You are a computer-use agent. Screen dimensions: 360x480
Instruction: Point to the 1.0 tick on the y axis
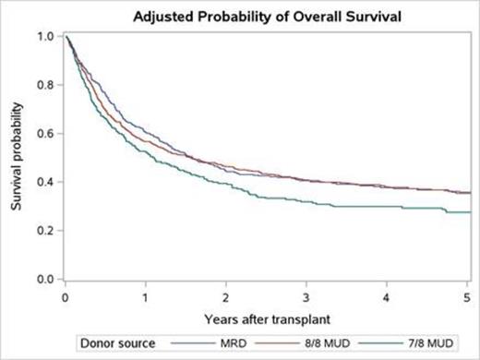click(x=44, y=37)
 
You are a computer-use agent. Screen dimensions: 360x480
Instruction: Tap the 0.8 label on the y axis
click(x=44, y=85)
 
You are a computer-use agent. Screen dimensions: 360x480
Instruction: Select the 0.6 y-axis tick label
click(x=44, y=134)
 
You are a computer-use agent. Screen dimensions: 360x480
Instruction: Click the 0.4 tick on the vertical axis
click(x=44, y=182)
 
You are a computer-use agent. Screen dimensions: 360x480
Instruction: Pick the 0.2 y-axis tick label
click(x=44, y=231)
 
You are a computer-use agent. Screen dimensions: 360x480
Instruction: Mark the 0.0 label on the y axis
click(x=44, y=279)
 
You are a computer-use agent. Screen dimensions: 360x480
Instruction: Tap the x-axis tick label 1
click(x=145, y=297)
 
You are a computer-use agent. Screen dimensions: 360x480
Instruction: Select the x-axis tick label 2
click(x=226, y=297)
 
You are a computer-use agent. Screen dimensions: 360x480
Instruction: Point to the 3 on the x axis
click(x=306, y=297)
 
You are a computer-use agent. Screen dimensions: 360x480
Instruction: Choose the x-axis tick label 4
click(x=387, y=297)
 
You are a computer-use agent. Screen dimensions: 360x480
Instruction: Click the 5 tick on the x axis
click(x=467, y=297)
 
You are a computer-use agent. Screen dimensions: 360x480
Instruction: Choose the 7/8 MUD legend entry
click(x=423, y=343)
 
